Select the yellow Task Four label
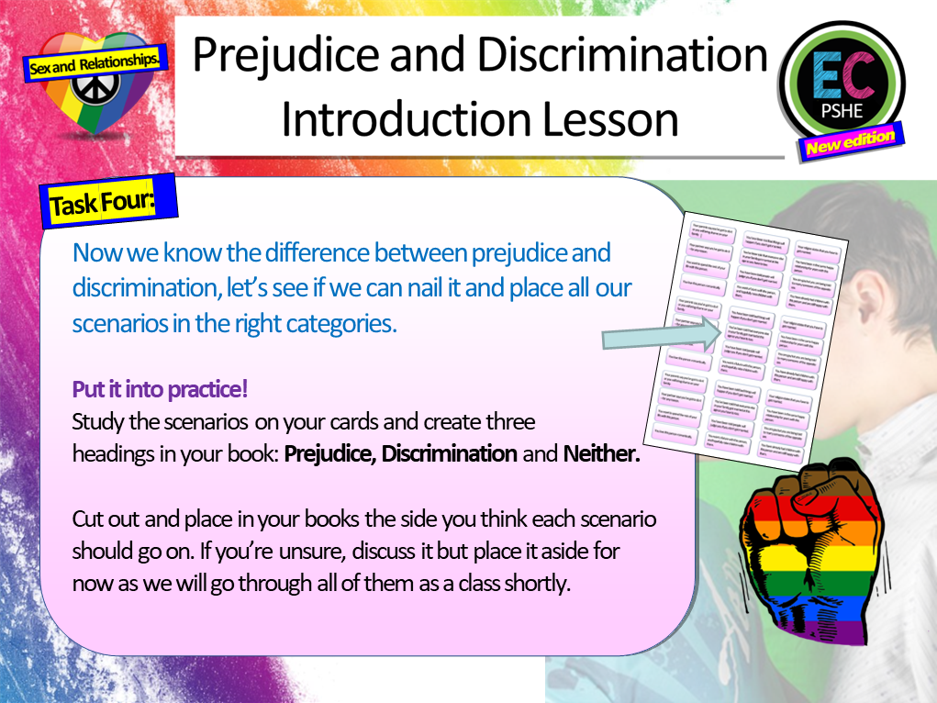coord(101,202)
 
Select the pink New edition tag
coord(850,142)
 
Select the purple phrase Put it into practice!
coord(160,389)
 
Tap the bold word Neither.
coord(601,453)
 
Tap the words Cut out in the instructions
coord(105,519)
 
